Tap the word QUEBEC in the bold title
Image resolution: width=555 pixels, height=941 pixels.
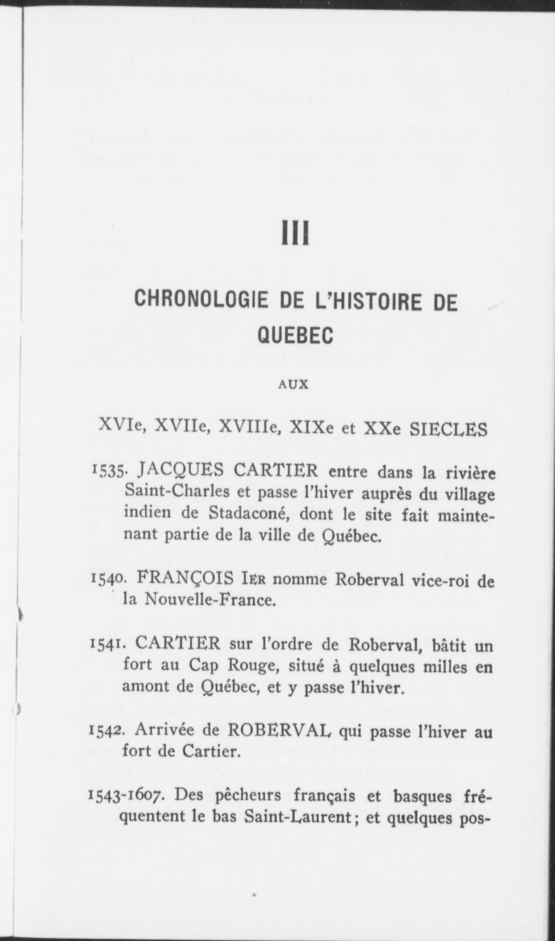point(295,335)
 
